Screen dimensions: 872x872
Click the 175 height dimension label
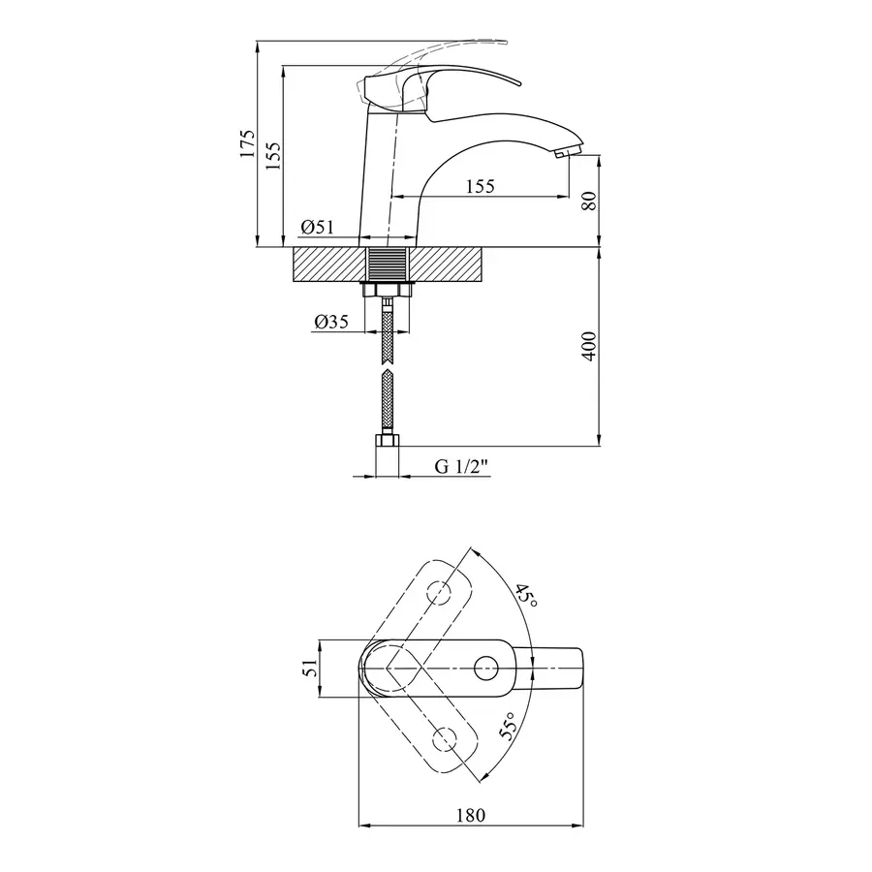(x=247, y=143)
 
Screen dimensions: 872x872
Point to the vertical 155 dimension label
(x=273, y=156)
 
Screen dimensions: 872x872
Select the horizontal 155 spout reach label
(x=480, y=186)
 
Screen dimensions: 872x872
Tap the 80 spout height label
(x=589, y=201)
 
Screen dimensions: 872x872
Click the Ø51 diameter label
(x=318, y=227)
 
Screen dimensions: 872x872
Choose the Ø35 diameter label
(x=331, y=322)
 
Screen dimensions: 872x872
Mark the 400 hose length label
(x=589, y=347)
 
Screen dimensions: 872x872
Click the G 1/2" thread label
(x=461, y=466)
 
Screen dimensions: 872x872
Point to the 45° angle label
(x=525, y=596)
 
